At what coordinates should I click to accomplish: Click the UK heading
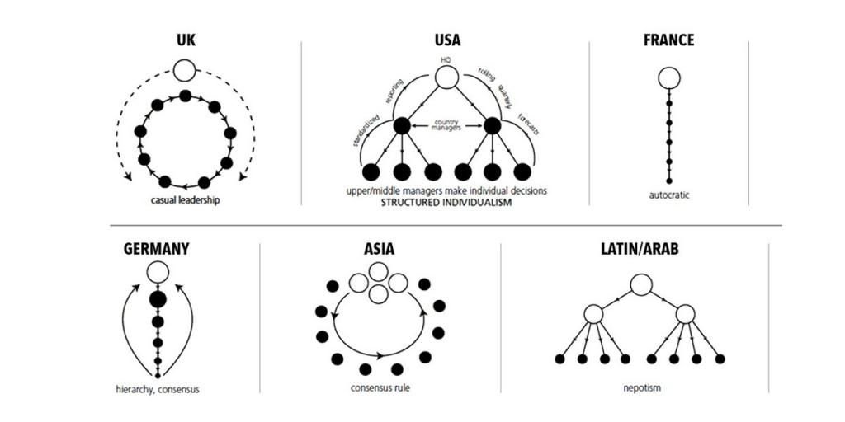[185, 40]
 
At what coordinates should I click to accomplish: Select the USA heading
[447, 40]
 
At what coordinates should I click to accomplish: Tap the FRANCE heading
[668, 40]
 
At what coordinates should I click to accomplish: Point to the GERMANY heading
[157, 248]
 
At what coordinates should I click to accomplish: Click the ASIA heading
[380, 248]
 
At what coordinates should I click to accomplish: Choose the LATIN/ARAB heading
[640, 248]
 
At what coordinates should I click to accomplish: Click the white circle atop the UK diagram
[185, 69]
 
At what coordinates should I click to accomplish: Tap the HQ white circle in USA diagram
[446, 78]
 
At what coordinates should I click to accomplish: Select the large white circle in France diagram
[669, 78]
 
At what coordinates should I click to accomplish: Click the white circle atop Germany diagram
[158, 272]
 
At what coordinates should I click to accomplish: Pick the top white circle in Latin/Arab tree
[641, 284]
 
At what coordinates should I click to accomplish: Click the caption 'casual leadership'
[185, 199]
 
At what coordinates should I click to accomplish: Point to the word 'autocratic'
[669, 195]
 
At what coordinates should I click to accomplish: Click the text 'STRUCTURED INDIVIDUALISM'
[446, 202]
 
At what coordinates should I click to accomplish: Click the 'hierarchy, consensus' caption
[157, 389]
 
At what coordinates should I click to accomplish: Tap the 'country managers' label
[446, 125]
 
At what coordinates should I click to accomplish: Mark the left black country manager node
[402, 126]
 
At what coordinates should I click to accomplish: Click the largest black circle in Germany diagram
[158, 299]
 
